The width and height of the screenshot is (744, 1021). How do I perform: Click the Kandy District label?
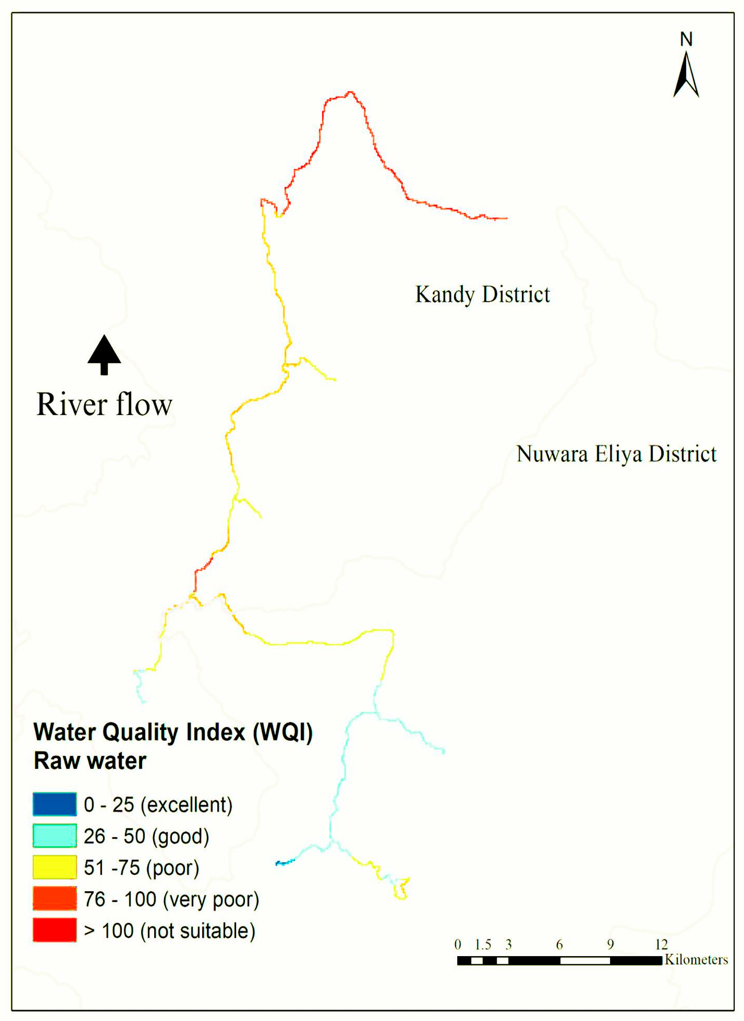482,295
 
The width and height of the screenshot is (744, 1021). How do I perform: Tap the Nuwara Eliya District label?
616,454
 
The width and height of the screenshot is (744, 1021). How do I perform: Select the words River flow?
104,405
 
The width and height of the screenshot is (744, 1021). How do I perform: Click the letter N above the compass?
686,40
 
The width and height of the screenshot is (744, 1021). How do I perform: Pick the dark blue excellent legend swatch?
55,804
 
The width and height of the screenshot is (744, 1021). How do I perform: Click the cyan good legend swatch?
55,836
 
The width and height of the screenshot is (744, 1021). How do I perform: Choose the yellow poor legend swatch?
55,867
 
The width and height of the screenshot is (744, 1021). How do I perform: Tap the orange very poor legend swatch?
55,898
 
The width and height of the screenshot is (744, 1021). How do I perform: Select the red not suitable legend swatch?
55,930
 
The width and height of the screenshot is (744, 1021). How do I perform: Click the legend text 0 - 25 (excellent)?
158,804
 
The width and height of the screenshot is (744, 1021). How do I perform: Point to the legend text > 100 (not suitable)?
170,931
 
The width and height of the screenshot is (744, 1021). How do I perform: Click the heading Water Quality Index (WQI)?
173,732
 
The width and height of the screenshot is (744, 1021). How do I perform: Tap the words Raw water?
90,761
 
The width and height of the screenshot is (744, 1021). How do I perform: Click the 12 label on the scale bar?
661,944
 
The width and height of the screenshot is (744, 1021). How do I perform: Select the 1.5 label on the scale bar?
483,944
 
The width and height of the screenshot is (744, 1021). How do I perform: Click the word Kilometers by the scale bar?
696,960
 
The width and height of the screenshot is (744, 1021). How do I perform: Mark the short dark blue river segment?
285,863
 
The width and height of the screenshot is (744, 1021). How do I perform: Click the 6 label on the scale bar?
559,944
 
